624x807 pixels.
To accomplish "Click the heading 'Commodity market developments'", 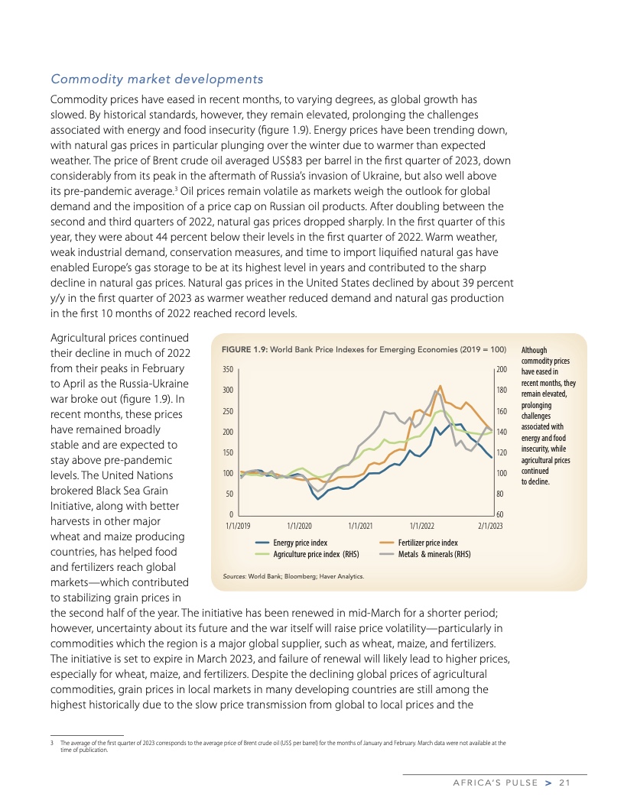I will click(x=157, y=79).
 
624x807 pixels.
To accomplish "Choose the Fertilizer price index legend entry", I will click(x=428, y=542).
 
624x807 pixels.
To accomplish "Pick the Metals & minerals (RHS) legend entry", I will click(x=434, y=553).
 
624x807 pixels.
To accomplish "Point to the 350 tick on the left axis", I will click(x=227, y=370).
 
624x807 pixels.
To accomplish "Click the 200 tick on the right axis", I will click(x=502, y=370).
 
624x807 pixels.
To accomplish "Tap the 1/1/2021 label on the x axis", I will click(x=360, y=526).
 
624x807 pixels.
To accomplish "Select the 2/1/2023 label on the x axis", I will click(x=490, y=526).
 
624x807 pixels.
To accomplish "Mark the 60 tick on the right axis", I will click(x=499, y=515).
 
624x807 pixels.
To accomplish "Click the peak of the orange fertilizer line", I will click(x=440, y=386).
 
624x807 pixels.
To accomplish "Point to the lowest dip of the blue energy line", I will click(x=318, y=499).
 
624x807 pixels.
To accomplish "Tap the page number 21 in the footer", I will click(x=565, y=782).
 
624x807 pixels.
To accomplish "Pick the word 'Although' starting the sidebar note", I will click(x=534, y=350).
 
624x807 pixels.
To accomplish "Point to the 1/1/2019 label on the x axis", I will click(x=239, y=526).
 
